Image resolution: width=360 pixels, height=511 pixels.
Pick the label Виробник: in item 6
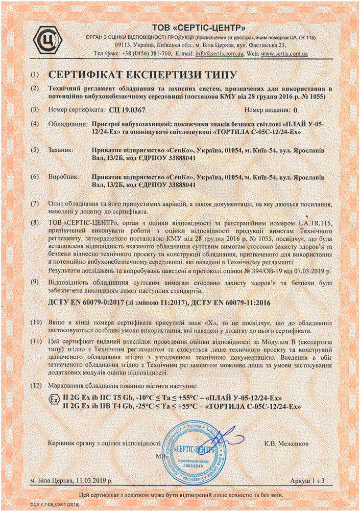coord(63,176)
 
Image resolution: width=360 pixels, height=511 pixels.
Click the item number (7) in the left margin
coord(35,203)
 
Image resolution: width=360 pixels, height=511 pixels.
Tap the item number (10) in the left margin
coord(36,323)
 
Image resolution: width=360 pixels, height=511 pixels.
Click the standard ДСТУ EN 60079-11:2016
coord(238,304)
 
